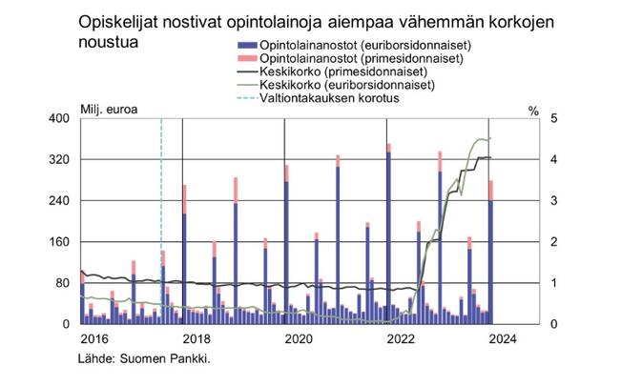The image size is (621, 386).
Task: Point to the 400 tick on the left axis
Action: pyautogui.click(x=61, y=118)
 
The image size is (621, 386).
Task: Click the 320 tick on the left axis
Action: pyautogui.click(x=61, y=159)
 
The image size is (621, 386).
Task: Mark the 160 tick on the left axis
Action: pyautogui.click(x=61, y=242)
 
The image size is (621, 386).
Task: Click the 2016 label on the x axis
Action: pyautogui.click(x=93, y=338)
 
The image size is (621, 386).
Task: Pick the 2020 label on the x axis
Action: pyautogui.click(x=299, y=338)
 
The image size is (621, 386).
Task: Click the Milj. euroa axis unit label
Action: pyautogui.click(x=107, y=108)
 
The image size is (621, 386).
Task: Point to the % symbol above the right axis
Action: pyautogui.click(x=532, y=108)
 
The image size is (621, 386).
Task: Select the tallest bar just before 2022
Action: pyautogui.click(x=388, y=238)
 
